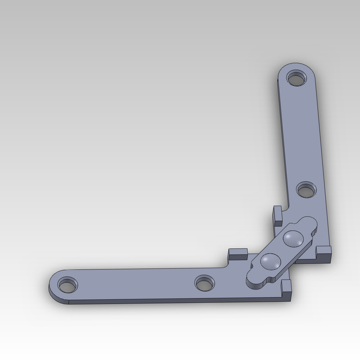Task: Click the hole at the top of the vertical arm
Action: (295, 78)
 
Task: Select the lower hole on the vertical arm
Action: (306, 190)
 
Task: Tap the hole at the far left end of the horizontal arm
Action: (67, 285)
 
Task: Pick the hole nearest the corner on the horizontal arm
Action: (205, 282)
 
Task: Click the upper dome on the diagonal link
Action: (292, 238)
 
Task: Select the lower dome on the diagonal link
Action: (271, 260)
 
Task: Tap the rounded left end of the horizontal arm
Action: (53, 284)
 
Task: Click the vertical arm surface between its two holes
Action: (301, 135)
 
